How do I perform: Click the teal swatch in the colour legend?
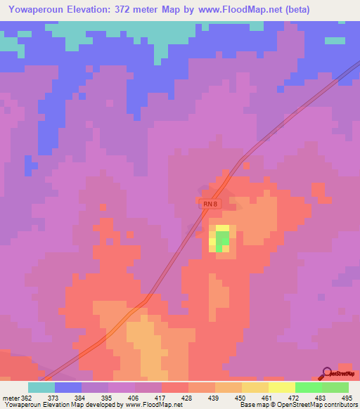[x=41, y=387]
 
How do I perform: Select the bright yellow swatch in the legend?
[x=282, y=387]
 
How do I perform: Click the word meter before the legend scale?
[x=11, y=397]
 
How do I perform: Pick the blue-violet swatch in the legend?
[x=68, y=387]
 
